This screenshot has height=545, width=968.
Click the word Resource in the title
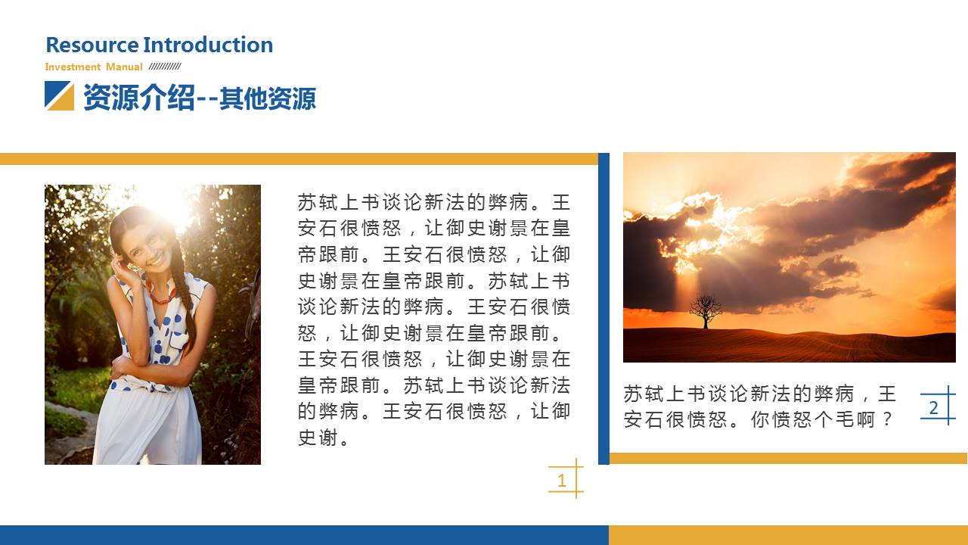(x=92, y=45)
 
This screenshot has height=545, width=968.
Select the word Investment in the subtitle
(x=73, y=67)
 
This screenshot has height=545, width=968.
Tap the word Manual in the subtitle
(x=124, y=67)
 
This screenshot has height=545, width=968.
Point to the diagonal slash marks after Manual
(x=164, y=66)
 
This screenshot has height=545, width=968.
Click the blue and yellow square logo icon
(x=59, y=96)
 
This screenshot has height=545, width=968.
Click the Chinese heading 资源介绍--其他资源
(x=199, y=98)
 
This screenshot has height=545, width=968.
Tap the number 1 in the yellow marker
(x=561, y=480)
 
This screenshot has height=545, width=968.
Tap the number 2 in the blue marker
(x=933, y=408)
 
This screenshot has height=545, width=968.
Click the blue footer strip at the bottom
(x=302, y=534)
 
